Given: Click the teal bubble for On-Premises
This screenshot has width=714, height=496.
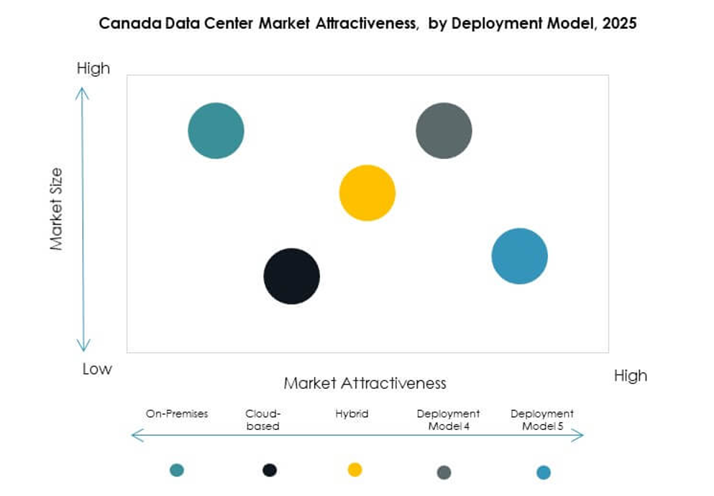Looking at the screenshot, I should pyautogui.click(x=216, y=131).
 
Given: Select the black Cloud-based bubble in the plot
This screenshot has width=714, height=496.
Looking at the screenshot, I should pyautogui.click(x=291, y=276).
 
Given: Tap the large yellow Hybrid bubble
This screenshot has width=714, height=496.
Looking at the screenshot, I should pyautogui.click(x=367, y=193).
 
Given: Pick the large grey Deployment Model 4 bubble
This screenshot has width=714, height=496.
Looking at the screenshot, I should pyautogui.click(x=444, y=131).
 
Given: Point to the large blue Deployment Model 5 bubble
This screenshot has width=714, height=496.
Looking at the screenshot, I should pyautogui.click(x=519, y=256).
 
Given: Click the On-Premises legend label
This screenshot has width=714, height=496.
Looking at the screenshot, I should pyautogui.click(x=177, y=413).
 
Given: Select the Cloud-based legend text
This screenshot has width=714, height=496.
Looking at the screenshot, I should pyautogui.click(x=262, y=420).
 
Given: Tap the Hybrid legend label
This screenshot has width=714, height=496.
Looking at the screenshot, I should pyautogui.click(x=352, y=413).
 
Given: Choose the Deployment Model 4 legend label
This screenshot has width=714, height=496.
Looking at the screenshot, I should pyautogui.click(x=448, y=420).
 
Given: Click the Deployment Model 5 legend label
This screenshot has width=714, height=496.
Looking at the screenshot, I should pyautogui.click(x=542, y=420).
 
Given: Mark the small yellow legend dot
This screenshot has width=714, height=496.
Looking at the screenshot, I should pyautogui.click(x=354, y=469).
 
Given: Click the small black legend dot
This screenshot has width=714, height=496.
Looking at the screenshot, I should pyautogui.click(x=270, y=470).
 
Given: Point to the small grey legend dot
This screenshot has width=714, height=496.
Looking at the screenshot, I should pyautogui.click(x=444, y=472).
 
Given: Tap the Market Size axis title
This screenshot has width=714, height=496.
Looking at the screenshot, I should pyautogui.click(x=57, y=208).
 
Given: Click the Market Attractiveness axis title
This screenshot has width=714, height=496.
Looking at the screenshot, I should pyautogui.click(x=365, y=382).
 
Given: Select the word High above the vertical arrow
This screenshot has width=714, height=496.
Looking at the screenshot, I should pyautogui.click(x=93, y=68).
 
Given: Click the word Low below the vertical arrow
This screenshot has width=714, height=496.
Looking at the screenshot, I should pyautogui.click(x=96, y=369).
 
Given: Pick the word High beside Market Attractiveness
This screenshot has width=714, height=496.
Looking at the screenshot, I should pyautogui.click(x=630, y=376).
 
